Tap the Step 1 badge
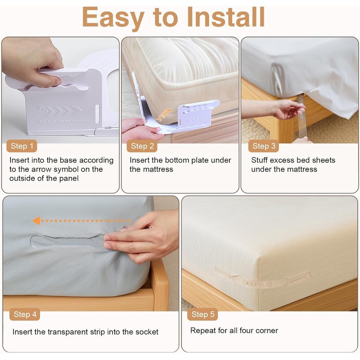tap(22, 146)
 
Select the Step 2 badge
tap(143, 146)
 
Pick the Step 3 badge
tap(264, 146)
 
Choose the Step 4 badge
tap(25, 314)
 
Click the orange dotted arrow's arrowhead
tap(36, 220)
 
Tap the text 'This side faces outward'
tap(63, 121)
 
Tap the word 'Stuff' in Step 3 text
tap(260, 160)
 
